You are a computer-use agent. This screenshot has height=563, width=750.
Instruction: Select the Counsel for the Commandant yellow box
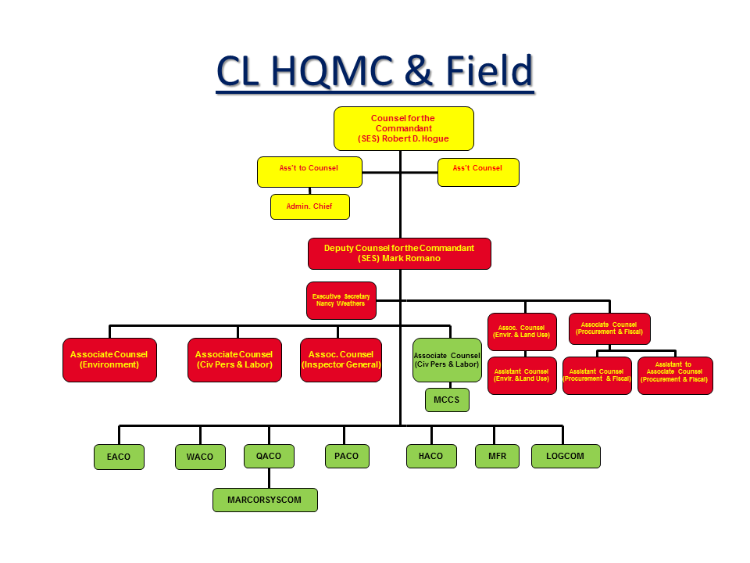(403, 128)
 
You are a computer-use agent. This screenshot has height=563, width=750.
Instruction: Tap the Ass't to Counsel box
(309, 171)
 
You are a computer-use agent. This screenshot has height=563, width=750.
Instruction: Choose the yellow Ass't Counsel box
(478, 171)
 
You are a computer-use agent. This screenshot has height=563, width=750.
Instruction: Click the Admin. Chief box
(310, 206)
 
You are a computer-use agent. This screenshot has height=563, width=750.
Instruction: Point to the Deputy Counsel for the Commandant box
(399, 253)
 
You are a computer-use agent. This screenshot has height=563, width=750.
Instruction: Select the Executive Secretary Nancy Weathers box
(341, 300)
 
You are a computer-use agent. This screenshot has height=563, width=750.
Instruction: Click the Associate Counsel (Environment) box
(109, 360)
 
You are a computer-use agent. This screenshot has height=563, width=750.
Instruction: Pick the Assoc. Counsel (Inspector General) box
(341, 360)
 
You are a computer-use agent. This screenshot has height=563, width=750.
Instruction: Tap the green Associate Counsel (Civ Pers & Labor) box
(447, 360)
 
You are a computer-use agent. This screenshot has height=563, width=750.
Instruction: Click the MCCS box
(447, 400)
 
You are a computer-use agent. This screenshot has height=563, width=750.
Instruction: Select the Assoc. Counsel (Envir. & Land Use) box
(522, 332)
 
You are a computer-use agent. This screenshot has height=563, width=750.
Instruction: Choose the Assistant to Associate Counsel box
(675, 375)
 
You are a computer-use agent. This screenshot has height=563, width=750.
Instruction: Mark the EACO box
(119, 457)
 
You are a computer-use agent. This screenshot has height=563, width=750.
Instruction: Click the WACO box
(200, 457)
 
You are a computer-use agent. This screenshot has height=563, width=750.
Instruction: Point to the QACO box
(269, 456)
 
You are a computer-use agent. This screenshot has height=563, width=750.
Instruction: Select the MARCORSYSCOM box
(265, 500)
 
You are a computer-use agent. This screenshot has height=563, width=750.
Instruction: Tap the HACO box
(431, 457)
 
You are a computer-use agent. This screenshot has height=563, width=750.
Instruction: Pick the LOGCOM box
(566, 456)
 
